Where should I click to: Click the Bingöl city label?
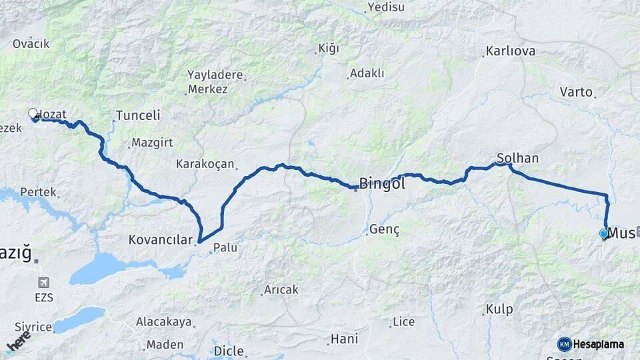382,183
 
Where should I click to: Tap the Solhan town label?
517,159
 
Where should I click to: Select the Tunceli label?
138,115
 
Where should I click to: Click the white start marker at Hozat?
33,114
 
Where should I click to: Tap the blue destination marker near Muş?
604,234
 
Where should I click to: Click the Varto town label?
576,92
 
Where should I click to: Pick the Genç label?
384,230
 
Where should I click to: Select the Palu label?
225,248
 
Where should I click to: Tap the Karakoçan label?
205,163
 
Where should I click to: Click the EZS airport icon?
45,283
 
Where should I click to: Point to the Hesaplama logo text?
599,344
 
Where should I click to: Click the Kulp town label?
499,309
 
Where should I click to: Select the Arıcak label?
281,290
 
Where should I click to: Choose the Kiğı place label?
329,49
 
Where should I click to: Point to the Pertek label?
38,192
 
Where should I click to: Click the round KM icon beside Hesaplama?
565,344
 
